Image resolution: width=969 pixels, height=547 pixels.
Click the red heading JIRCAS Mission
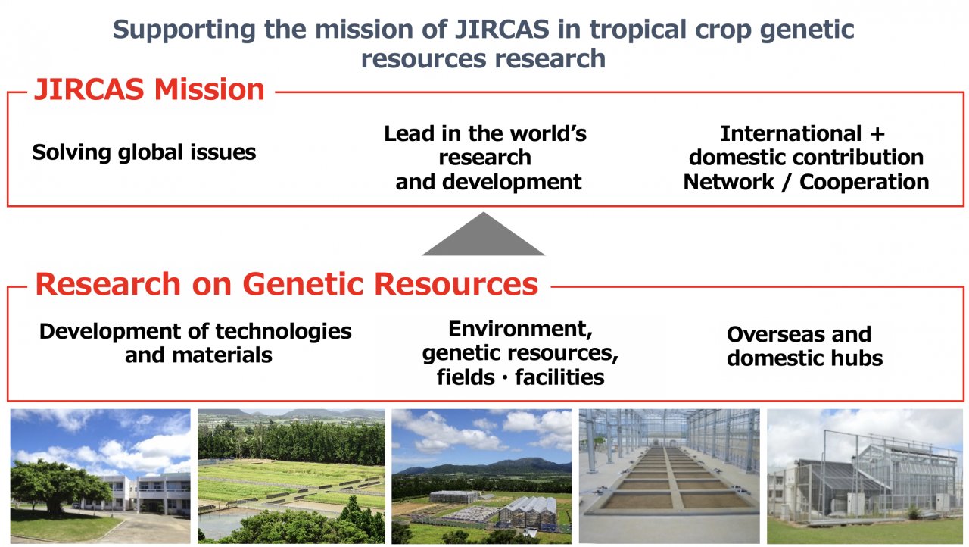point(149,89)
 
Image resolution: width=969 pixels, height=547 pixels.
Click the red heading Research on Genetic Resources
point(286,284)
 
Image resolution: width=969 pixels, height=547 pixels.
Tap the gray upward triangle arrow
point(483,233)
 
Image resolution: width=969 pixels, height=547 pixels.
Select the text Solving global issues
point(144,152)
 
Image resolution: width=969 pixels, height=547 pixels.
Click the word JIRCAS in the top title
point(502,30)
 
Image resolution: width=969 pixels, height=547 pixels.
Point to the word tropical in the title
point(638,30)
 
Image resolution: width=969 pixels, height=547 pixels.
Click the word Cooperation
point(865,182)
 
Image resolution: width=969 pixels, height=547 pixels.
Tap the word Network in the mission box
point(729,182)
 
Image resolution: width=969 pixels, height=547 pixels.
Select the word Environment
point(520,330)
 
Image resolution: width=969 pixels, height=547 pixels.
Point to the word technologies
point(284,332)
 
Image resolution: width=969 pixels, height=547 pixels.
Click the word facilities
point(559,377)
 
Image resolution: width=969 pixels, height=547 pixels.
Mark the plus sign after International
point(877,134)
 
